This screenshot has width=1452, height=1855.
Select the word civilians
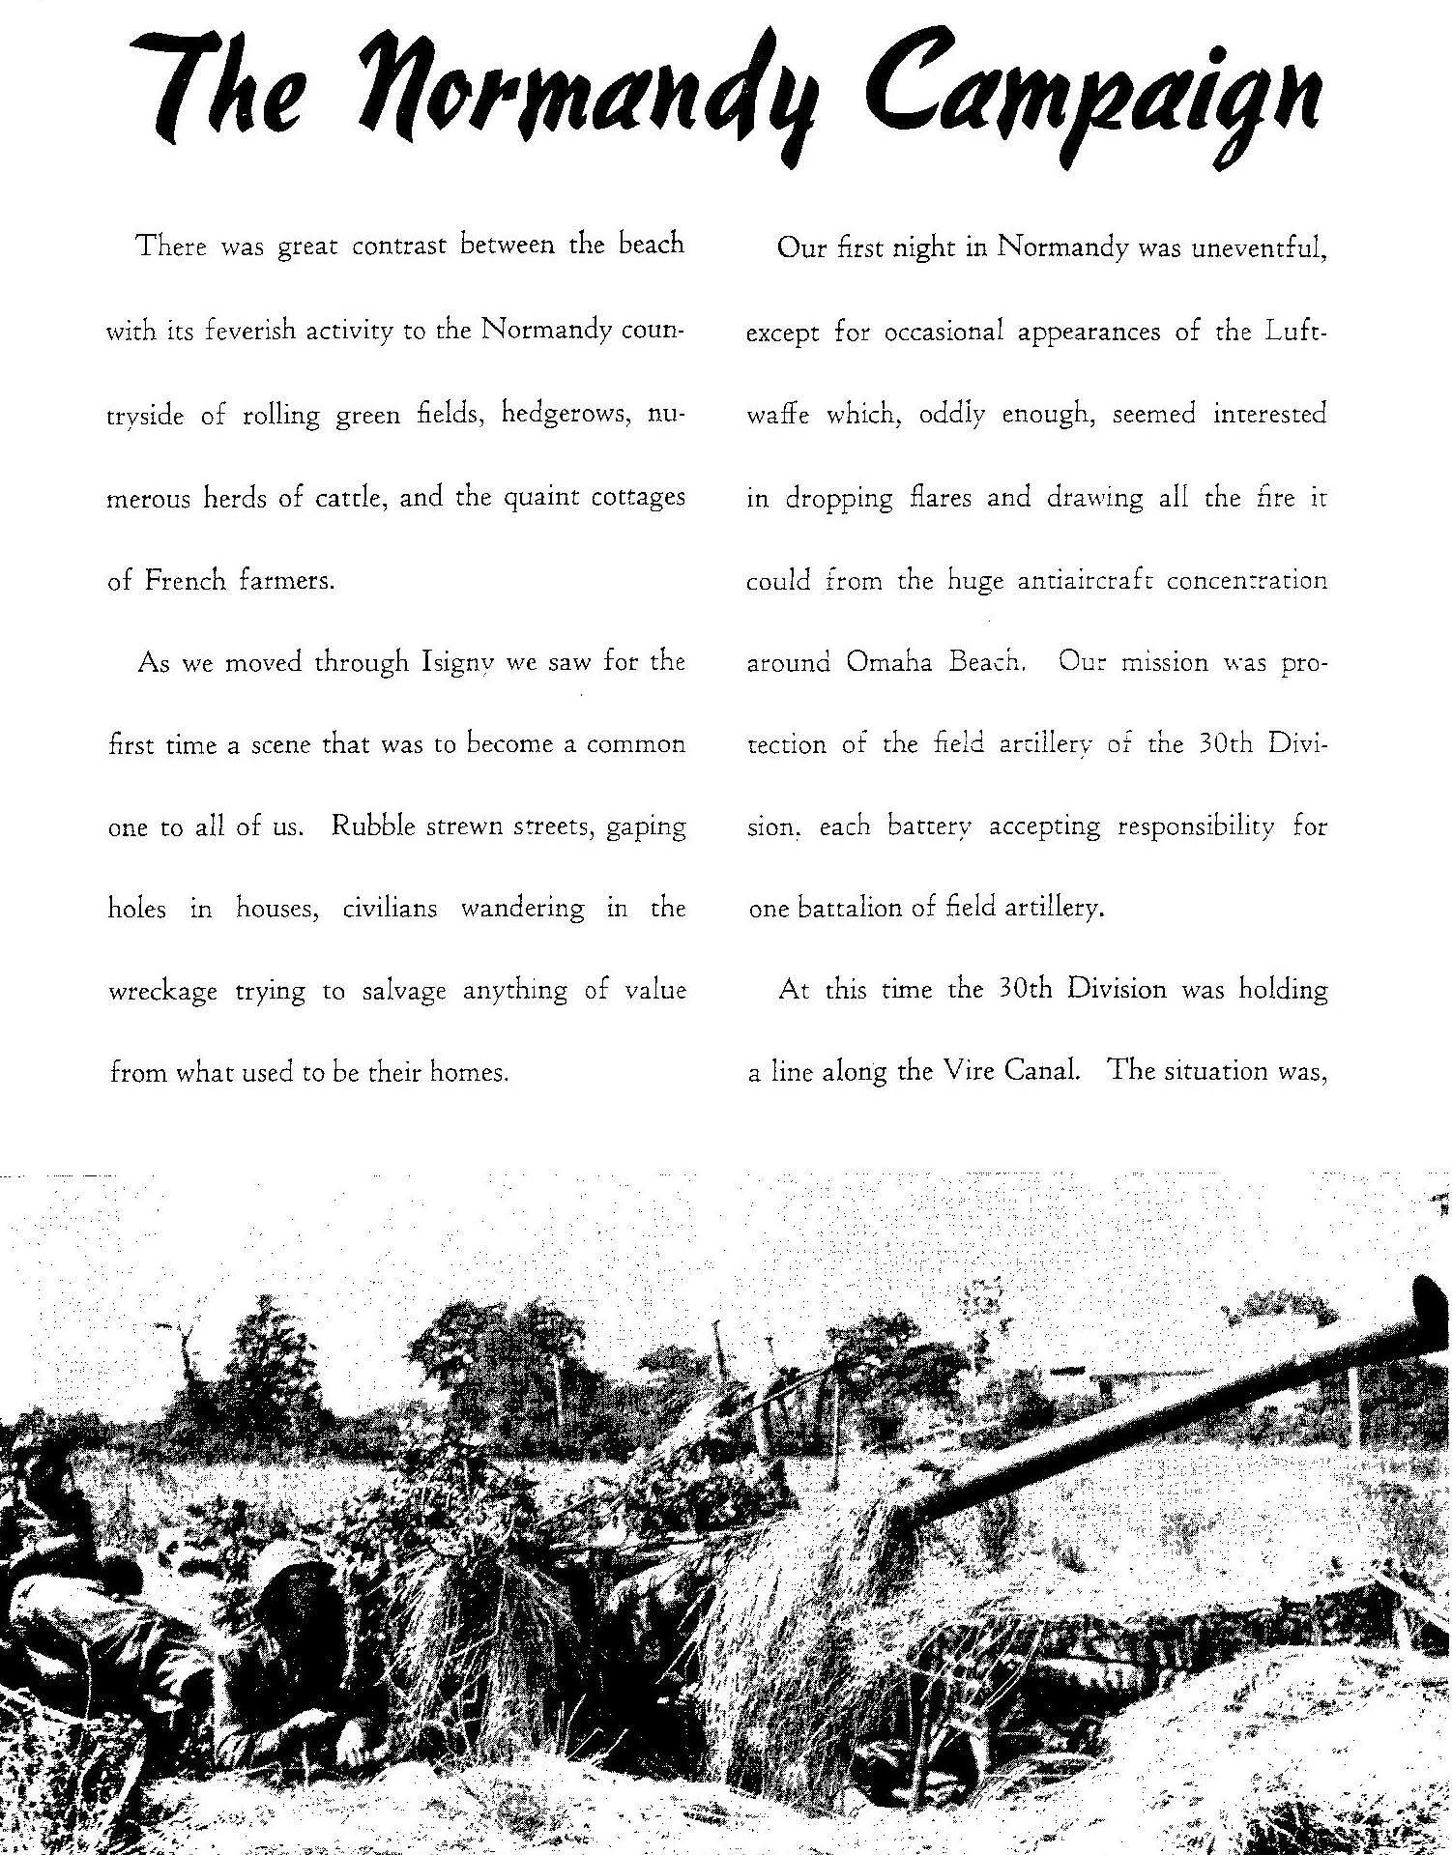[391, 910]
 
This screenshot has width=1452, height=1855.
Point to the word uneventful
[1257, 248]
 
